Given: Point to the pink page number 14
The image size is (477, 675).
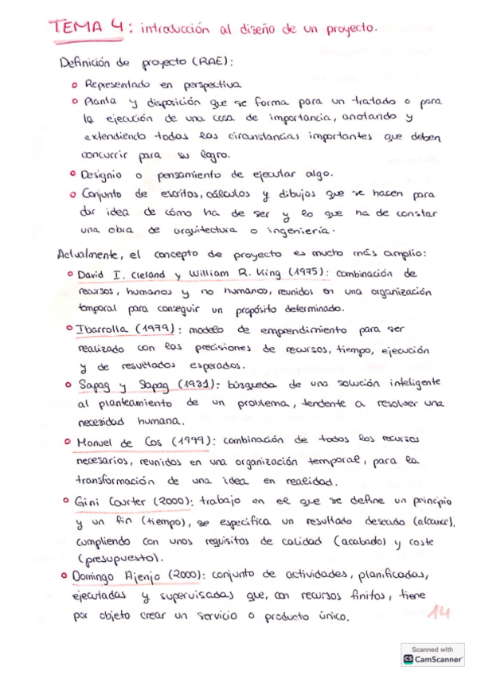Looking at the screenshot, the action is [x=437, y=613].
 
